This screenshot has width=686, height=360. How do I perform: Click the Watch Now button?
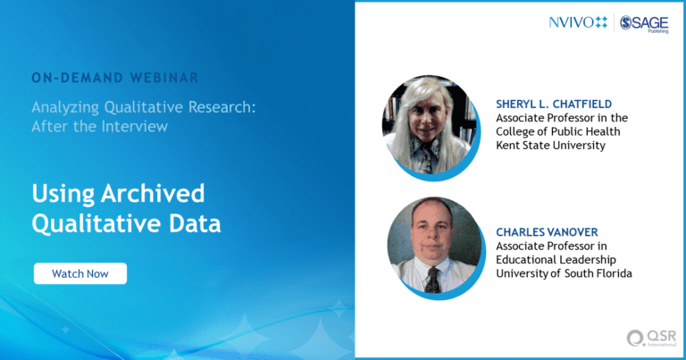[x=80, y=273]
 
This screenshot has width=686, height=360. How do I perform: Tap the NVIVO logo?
[x=578, y=22]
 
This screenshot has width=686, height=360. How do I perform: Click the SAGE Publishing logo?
[x=644, y=23]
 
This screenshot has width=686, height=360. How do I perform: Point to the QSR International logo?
[x=651, y=339]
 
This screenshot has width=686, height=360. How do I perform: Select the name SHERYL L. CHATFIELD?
[x=554, y=105]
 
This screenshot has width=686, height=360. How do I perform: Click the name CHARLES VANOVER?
[x=547, y=232]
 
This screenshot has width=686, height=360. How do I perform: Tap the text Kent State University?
[x=550, y=146]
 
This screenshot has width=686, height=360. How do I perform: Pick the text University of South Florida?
[x=564, y=273]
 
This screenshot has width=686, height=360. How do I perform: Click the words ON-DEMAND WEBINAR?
[x=115, y=78]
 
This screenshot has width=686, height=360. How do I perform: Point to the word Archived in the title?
[x=153, y=193]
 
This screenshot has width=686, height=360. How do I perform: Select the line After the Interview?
[x=100, y=127]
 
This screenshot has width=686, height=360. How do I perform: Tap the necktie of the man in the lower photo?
[x=432, y=279]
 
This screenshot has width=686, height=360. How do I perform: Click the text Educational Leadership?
[x=556, y=260]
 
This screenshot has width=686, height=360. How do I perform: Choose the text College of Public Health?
[x=557, y=131]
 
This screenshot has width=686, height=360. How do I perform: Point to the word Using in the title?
[x=63, y=194]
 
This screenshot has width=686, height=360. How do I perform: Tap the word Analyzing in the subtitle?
[x=65, y=107]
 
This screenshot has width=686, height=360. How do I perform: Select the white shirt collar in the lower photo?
[x=433, y=265]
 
